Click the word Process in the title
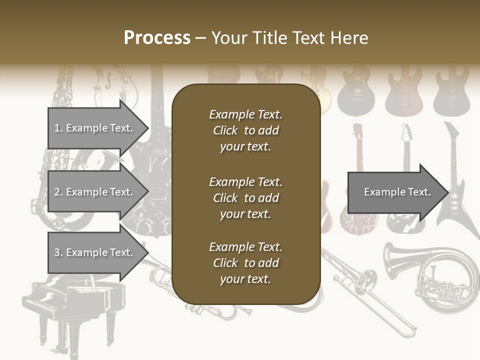tap(157, 38)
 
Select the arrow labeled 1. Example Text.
tap(95, 128)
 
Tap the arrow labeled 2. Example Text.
tap(95, 192)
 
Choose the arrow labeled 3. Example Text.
tap(95, 252)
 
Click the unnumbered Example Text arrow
tap(395, 192)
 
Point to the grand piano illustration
tap(70, 305)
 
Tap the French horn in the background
tap(440, 280)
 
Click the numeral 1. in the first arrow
tap(58, 128)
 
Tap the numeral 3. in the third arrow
tap(58, 252)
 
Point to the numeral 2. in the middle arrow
tap(58, 192)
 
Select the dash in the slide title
tap(201, 38)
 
